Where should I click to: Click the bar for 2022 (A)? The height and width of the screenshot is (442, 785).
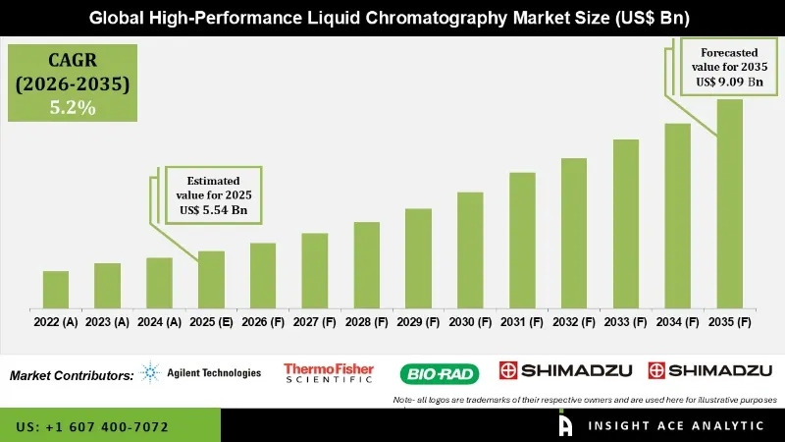click(56, 289)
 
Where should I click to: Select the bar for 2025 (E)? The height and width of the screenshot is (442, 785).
click(211, 279)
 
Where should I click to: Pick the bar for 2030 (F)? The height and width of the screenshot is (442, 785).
click(470, 249)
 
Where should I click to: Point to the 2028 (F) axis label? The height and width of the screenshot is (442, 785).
click(366, 321)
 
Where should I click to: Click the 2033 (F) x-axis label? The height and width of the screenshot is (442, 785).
click(626, 321)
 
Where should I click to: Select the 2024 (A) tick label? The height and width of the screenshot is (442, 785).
click(159, 321)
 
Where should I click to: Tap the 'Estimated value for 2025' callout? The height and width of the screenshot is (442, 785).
click(212, 193)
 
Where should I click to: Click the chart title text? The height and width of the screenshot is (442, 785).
click(392, 18)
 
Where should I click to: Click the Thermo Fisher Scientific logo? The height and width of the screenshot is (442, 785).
click(329, 372)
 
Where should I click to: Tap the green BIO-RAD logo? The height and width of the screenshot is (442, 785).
click(438, 373)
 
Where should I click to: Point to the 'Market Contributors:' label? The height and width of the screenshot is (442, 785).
click(72, 375)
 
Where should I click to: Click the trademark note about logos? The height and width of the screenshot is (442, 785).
click(584, 400)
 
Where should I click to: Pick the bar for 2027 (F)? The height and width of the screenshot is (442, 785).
click(314, 270)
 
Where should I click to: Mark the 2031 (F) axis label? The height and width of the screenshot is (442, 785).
click(522, 321)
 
